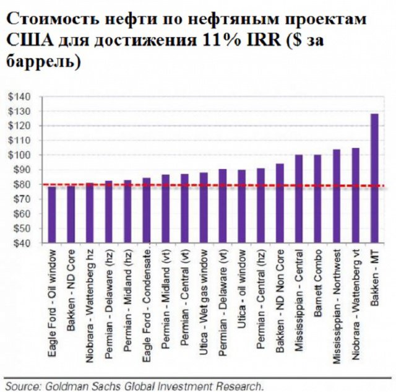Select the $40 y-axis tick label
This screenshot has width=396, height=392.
coord(20,243)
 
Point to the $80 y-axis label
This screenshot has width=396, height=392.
coord(20,185)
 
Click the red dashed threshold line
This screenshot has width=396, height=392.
coord(210,185)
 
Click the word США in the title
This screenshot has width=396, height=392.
coord(28,41)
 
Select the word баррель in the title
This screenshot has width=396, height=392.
coord(43,63)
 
